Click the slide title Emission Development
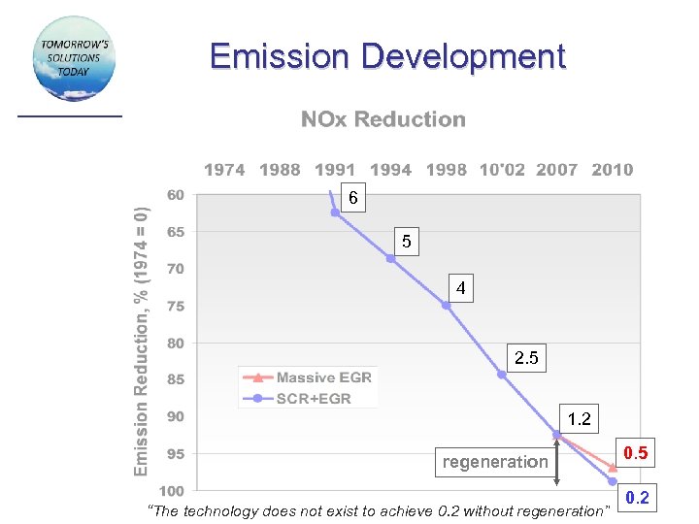click(x=386, y=56)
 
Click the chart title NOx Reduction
click(x=383, y=119)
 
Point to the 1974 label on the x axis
click(x=224, y=170)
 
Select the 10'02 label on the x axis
click(x=502, y=170)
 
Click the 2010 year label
click(x=612, y=170)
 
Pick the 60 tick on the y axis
click(x=176, y=194)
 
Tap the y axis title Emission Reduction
click(x=142, y=340)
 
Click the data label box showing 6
click(x=353, y=198)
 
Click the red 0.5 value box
click(x=637, y=453)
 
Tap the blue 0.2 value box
click(x=637, y=499)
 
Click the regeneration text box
click(x=495, y=462)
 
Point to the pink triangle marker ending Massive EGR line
click(x=613, y=467)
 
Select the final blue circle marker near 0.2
click(x=613, y=481)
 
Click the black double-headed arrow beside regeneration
click(x=556, y=462)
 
